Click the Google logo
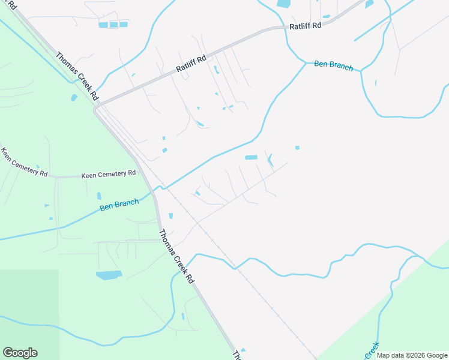point(20,353)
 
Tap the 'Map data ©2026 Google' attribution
point(412,355)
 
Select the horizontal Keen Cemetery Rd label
point(109,174)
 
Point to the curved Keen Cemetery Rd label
point(24,162)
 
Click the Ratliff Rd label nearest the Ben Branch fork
point(305,26)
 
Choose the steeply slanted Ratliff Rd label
point(191,64)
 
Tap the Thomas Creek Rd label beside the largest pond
point(177,256)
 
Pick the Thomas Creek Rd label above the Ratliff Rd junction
point(77,76)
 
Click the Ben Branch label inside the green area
point(119,205)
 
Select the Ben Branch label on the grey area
point(333,65)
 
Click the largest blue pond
point(109,275)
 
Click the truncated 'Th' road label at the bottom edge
point(238,355)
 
